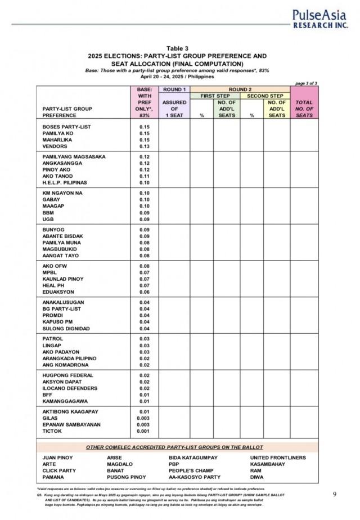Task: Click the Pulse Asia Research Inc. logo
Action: tap(319, 18)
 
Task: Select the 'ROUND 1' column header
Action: tap(174, 89)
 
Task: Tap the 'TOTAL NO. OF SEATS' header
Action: tap(304, 109)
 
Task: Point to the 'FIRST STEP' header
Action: tap(215, 96)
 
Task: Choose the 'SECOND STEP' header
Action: tap(265, 96)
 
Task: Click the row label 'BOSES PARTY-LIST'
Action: tap(66, 127)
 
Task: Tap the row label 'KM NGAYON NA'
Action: tap(62, 193)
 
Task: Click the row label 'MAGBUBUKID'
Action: tap(60, 249)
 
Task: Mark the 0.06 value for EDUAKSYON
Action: tap(145, 292)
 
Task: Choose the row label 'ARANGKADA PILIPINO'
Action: tap(69, 358)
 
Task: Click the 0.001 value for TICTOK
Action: tap(145, 432)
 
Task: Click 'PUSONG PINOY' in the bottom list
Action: tap(126, 477)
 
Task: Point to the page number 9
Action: tap(335, 494)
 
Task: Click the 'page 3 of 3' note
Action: tap(306, 83)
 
